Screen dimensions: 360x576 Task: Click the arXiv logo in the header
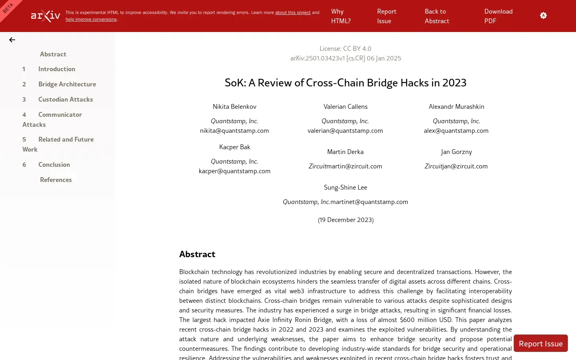click(x=46, y=16)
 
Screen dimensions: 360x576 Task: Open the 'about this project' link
click(x=292, y=12)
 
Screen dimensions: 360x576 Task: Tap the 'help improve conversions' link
click(x=91, y=19)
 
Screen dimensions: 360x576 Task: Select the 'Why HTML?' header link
click(x=340, y=16)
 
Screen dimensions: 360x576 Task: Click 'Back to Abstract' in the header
click(x=436, y=16)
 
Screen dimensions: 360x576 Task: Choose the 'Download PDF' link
click(x=498, y=16)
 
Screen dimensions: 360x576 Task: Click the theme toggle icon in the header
click(x=543, y=16)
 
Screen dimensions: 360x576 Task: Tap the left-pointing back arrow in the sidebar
click(x=12, y=40)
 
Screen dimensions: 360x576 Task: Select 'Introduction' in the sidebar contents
click(x=56, y=69)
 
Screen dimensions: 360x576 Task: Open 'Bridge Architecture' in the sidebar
click(x=67, y=84)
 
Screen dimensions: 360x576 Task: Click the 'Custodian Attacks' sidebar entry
click(x=65, y=99)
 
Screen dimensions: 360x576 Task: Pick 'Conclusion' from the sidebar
click(x=54, y=164)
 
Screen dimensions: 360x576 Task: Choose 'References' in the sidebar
click(x=56, y=180)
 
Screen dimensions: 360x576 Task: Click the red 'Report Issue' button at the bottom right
click(x=540, y=344)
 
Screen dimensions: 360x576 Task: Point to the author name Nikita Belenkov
click(x=234, y=106)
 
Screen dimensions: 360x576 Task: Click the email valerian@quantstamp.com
click(x=345, y=130)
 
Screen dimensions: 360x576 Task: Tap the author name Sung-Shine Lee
click(x=345, y=187)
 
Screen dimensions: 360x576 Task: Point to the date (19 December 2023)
click(x=346, y=220)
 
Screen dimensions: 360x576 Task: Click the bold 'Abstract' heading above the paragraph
click(x=197, y=254)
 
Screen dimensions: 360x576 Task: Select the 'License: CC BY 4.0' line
click(x=345, y=48)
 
